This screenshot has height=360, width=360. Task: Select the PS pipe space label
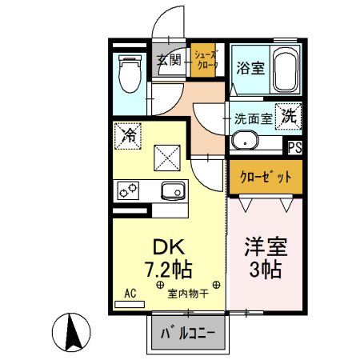(x=295, y=147)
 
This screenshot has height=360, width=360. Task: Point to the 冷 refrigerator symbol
(x=126, y=135)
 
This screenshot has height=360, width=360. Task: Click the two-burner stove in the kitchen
(x=127, y=190)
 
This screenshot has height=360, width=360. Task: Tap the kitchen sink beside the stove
(x=173, y=190)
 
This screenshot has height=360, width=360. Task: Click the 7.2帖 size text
(x=168, y=268)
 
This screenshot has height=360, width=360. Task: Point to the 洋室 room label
(x=266, y=244)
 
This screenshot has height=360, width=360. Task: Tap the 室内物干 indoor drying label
(x=188, y=293)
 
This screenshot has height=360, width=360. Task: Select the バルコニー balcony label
(x=188, y=332)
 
